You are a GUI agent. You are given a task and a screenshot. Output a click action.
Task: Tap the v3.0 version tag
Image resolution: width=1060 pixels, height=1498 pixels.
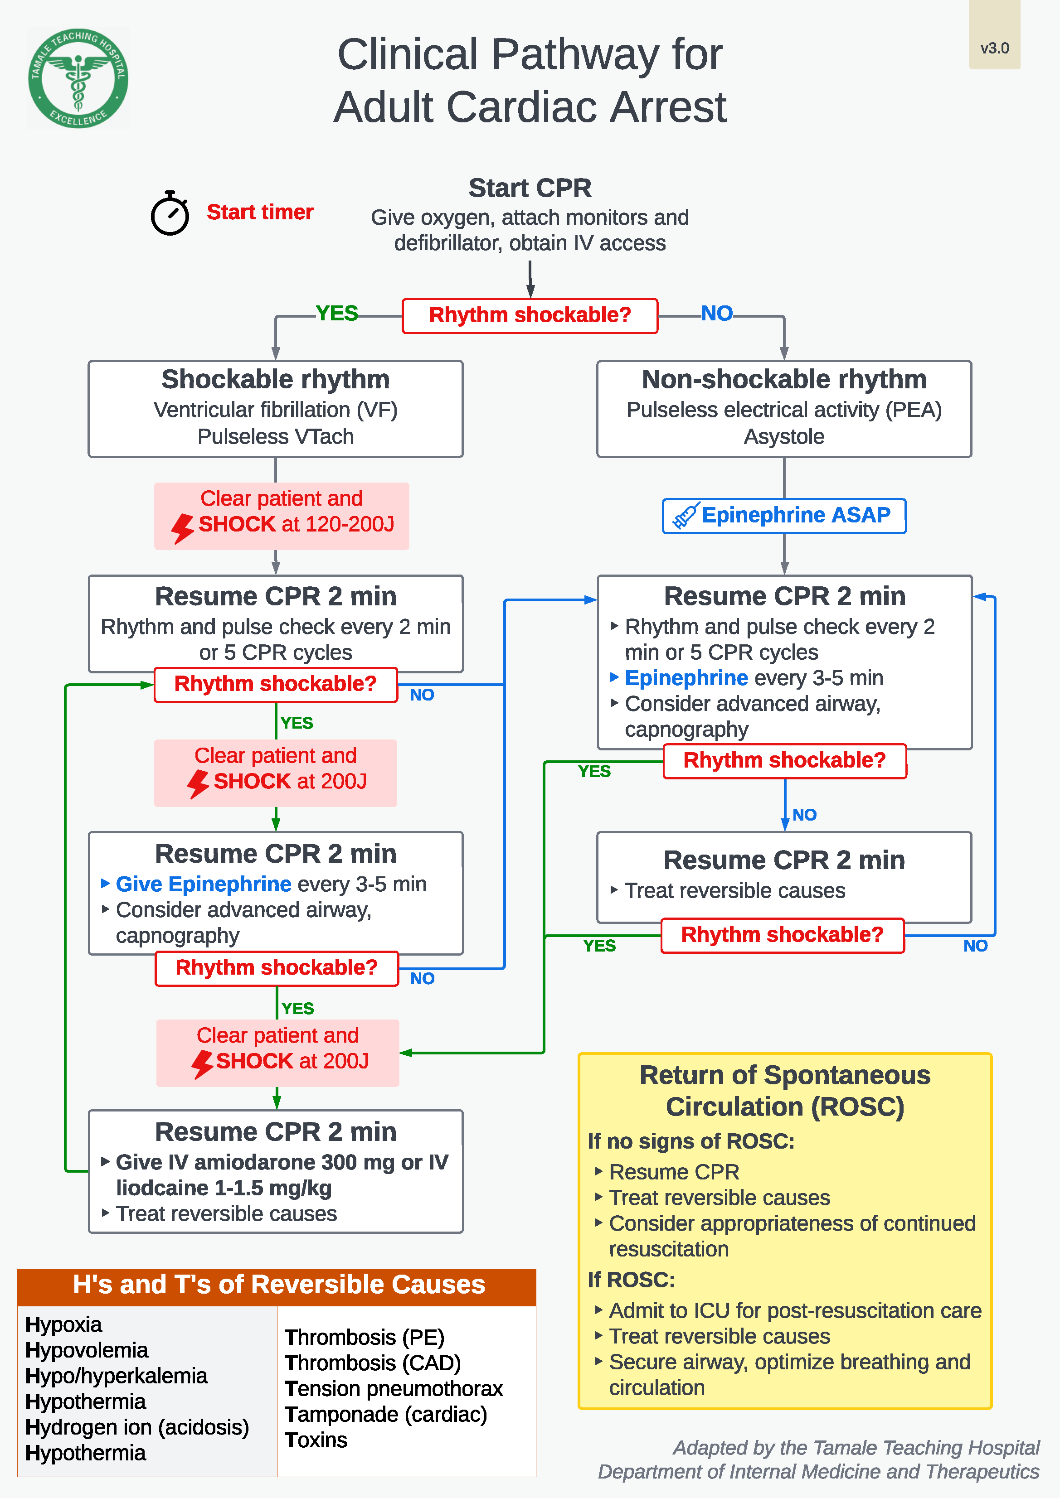pos(994,48)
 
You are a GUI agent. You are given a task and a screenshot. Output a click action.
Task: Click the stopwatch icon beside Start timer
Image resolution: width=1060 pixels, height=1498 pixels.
pos(170,213)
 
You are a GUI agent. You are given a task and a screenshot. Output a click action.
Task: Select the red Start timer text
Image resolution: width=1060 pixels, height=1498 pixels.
pos(260,212)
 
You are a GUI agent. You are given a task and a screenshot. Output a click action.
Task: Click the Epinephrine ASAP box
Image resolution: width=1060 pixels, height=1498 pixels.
pos(784,516)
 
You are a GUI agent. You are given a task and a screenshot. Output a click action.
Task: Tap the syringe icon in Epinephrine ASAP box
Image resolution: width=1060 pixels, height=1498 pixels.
pos(686,516)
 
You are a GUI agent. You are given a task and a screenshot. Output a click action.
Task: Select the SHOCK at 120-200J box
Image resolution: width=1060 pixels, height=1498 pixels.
pos(281,516)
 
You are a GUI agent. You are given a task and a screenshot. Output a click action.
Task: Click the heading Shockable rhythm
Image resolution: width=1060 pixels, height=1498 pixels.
pos(276,379)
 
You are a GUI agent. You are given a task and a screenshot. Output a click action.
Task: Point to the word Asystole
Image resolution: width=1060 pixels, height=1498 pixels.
pos(784,436)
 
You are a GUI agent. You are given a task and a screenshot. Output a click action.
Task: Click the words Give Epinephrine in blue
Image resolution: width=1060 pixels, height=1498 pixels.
pos(203,884)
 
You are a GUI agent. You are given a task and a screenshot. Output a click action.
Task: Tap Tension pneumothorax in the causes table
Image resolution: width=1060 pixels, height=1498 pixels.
pos(394,1388)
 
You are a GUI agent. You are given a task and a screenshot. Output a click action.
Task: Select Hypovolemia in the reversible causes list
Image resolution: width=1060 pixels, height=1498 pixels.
pos(86,1350)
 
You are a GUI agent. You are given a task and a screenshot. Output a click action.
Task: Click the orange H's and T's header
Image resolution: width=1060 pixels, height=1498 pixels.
pos(277,1285)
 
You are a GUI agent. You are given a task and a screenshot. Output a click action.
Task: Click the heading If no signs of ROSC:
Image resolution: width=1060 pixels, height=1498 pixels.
pos(690,1141)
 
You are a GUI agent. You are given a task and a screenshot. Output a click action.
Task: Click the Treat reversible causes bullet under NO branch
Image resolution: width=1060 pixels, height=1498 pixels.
pos(734,890)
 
